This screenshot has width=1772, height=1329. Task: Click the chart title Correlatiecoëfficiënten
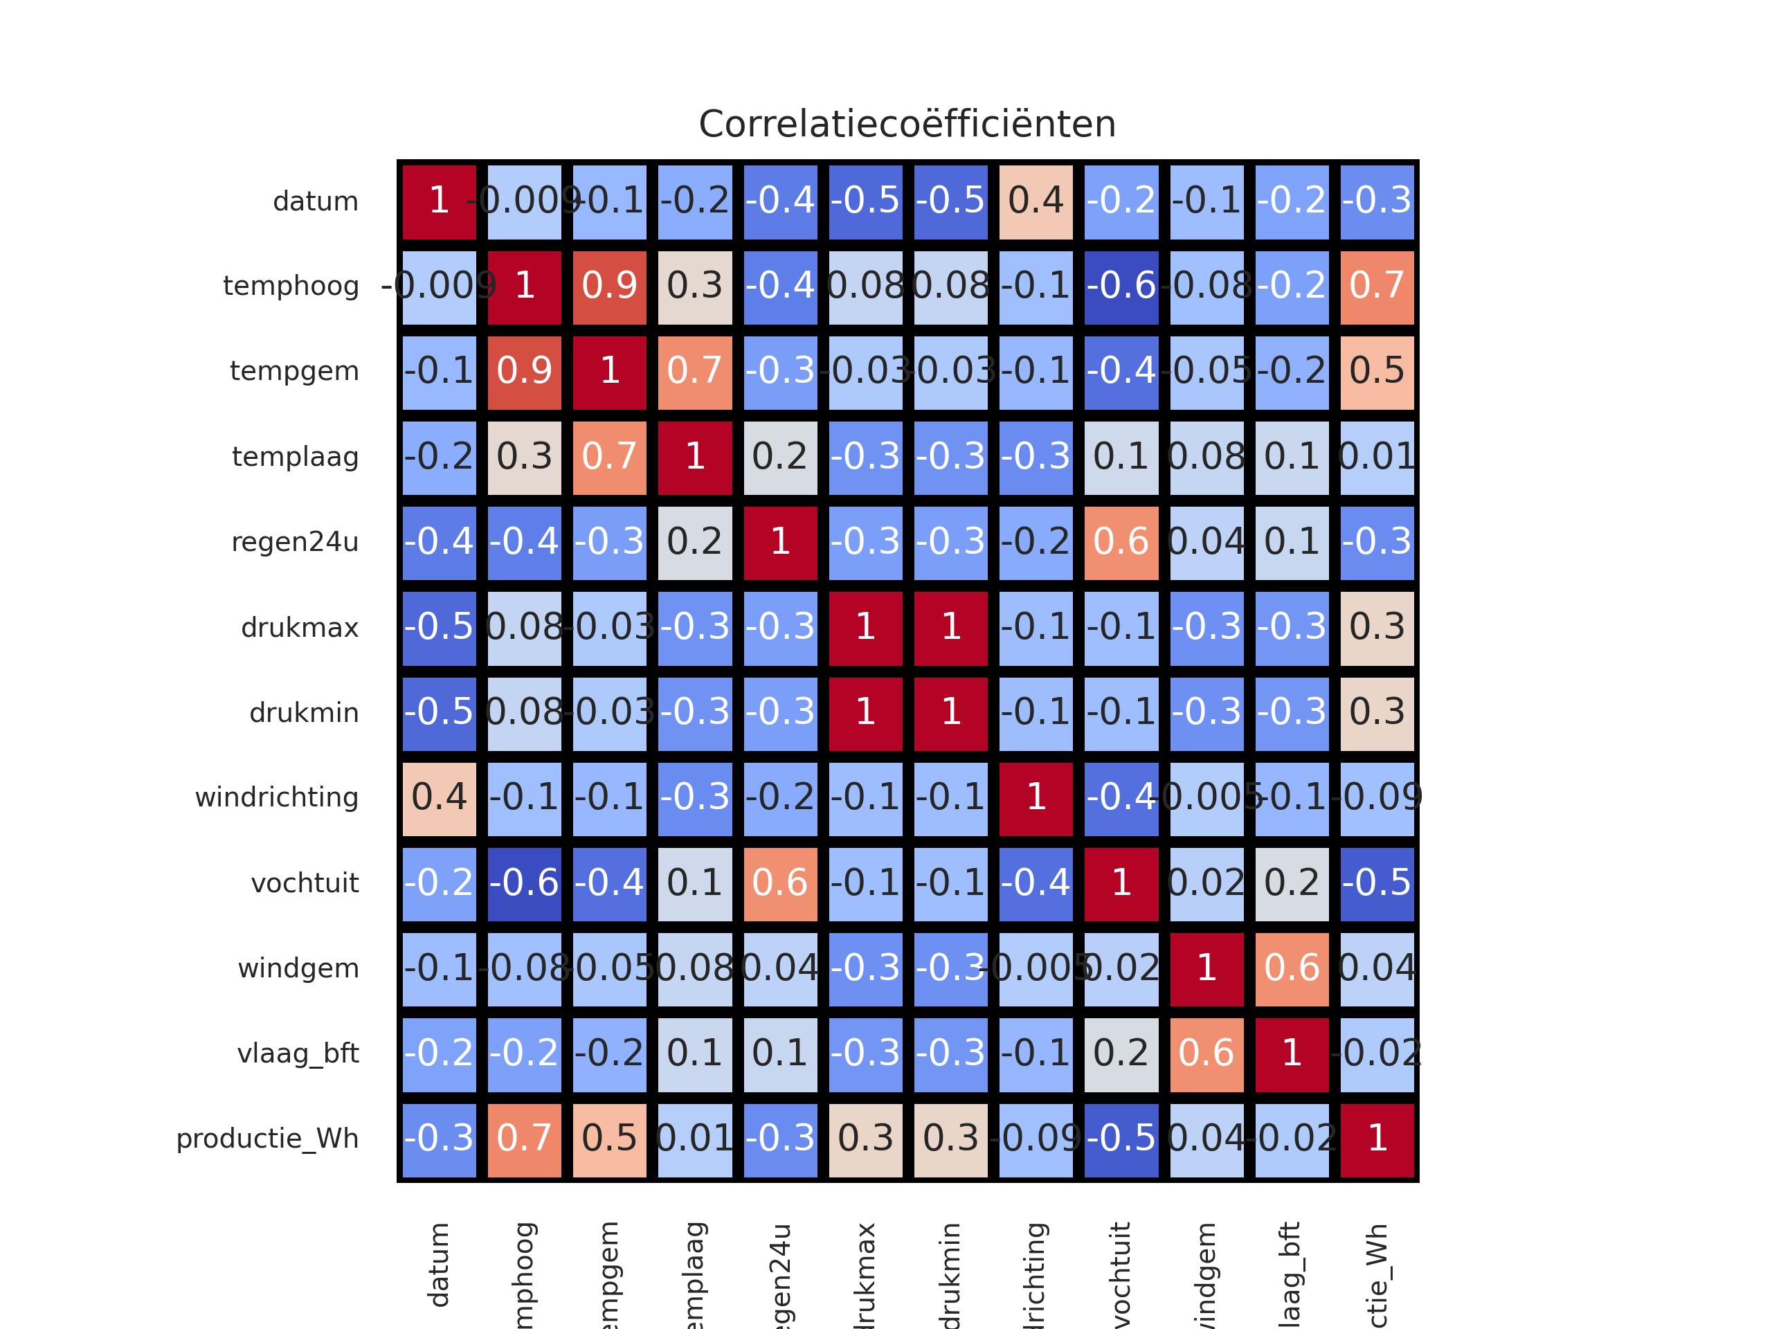coord(907,124)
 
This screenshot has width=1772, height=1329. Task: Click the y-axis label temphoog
coord(291,286)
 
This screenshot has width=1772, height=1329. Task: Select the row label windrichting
coord(276,798)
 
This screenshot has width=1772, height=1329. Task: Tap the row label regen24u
coord(295,543)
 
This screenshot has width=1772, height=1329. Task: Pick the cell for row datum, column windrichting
coord(1036,201)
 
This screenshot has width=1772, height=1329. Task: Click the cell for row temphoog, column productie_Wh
coord(1377,286)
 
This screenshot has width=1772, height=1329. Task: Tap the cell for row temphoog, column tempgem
coord(610,286)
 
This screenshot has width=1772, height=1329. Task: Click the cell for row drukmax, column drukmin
coord(951,627)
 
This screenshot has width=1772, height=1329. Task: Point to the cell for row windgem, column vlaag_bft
coord(1292,968)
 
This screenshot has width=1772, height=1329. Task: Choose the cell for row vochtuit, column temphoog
coord(525,883)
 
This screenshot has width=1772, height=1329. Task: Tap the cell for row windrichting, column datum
coord(439,798)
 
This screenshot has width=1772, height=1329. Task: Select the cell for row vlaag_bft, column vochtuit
coord(1121,1054)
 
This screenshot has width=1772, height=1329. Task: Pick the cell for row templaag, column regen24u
coord(780,457)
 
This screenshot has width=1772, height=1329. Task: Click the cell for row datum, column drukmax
coord(866,201)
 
